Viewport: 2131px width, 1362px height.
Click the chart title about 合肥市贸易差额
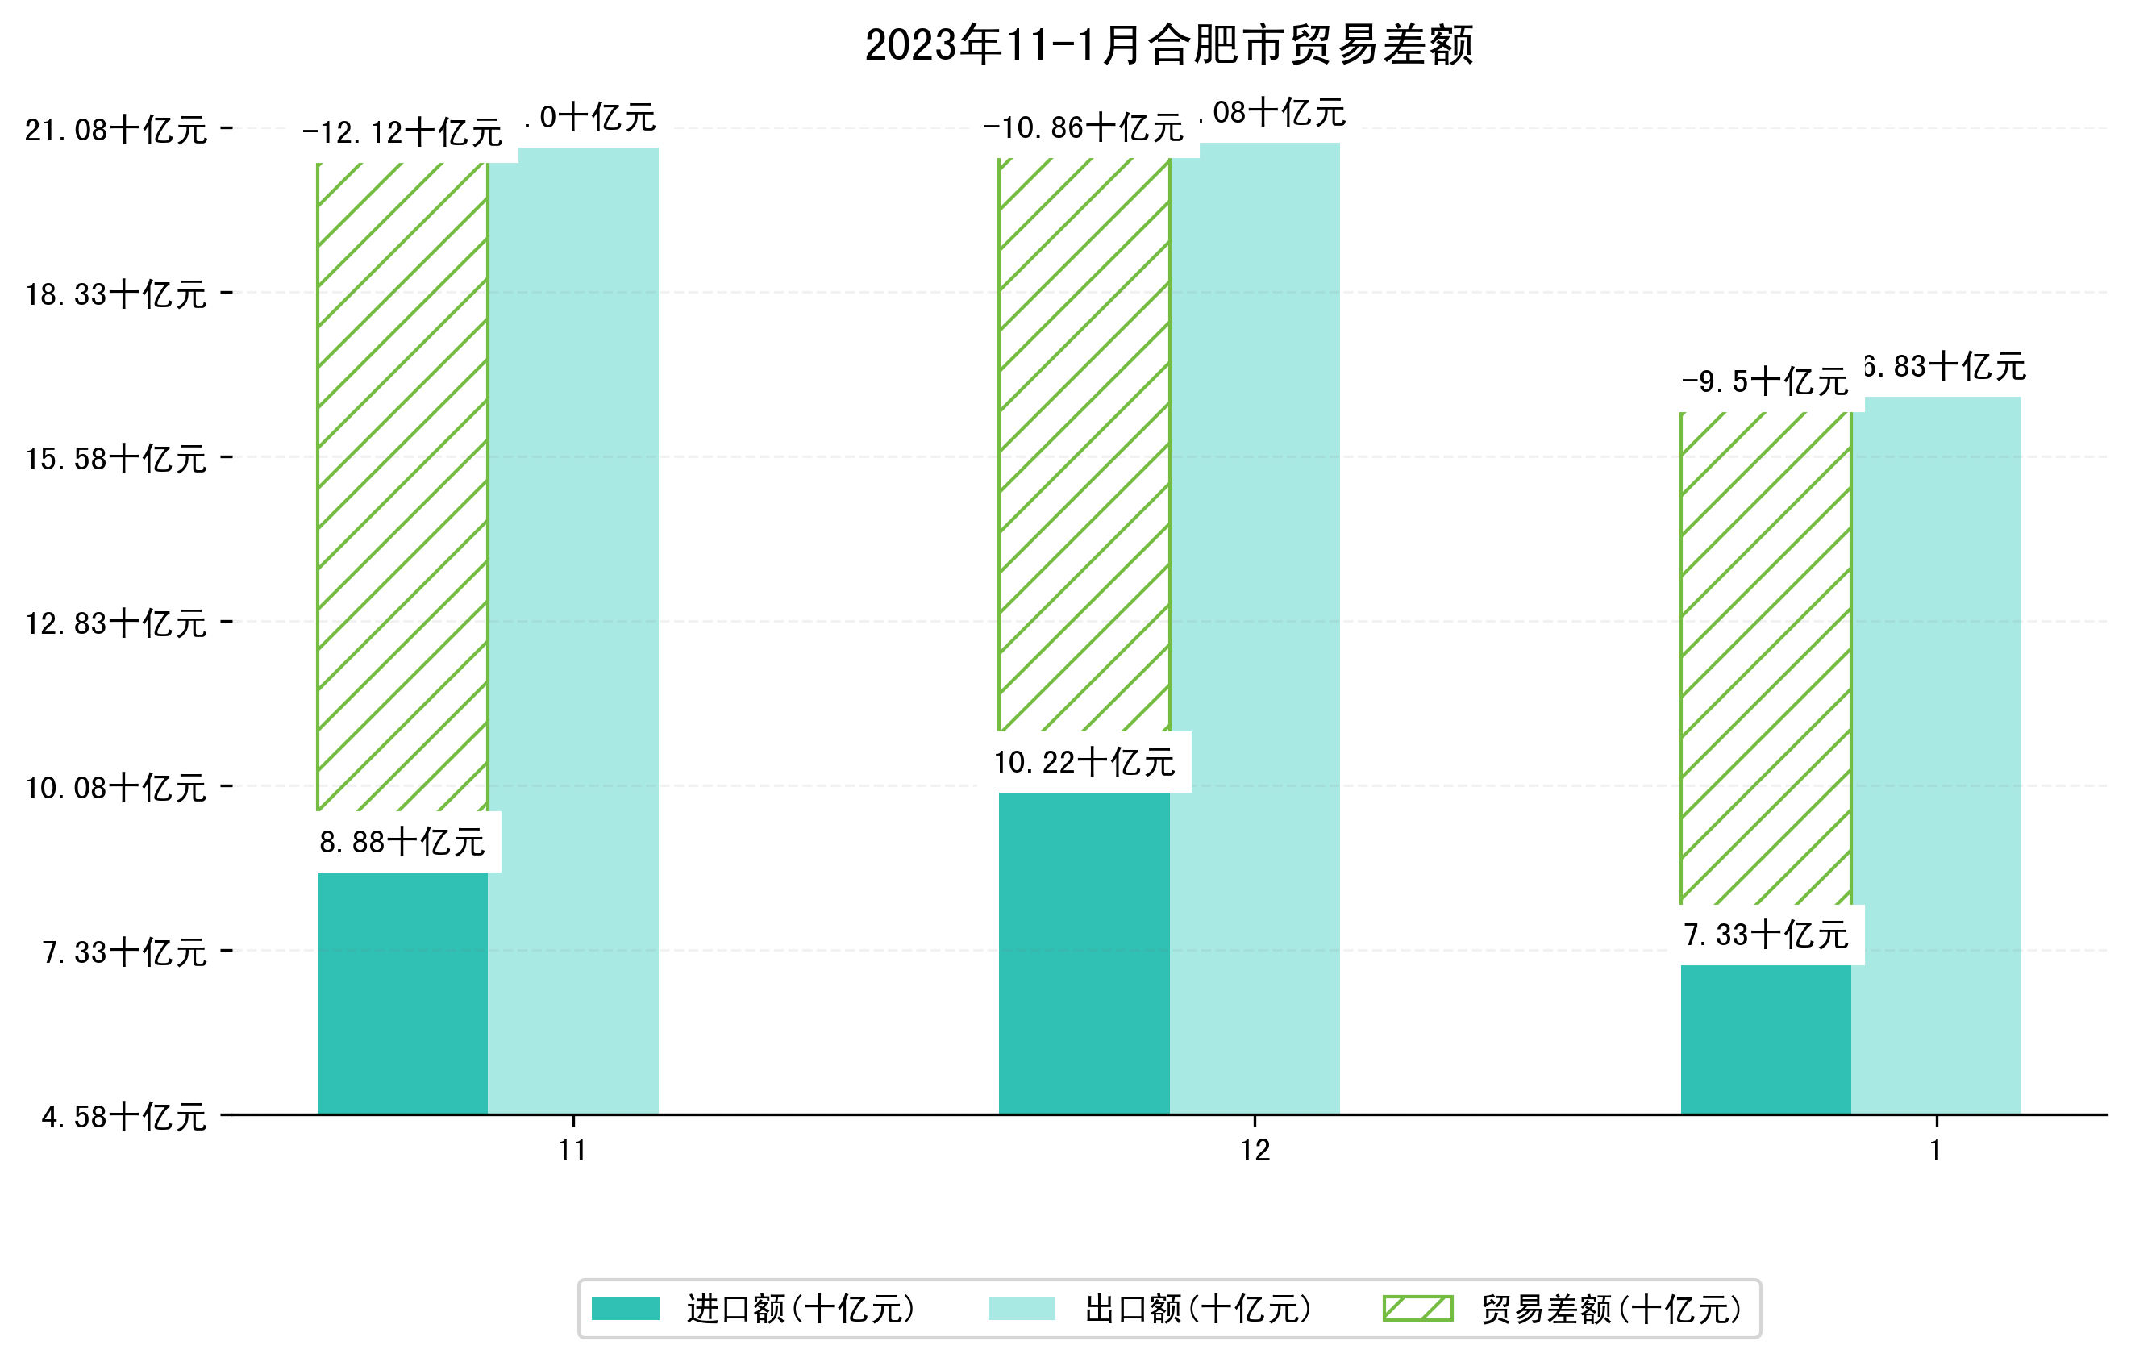[1168, 45]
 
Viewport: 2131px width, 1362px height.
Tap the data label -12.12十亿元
[402, 133]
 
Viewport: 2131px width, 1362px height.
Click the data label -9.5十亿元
[1765, 382]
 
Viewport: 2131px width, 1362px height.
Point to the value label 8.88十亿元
[402, 842]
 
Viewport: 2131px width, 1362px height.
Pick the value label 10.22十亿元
[1084, 762]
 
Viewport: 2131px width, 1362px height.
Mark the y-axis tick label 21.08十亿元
[116, 130]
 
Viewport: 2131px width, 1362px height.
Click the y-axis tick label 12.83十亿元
[116, 623]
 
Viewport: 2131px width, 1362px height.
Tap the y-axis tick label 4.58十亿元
[124, 1117]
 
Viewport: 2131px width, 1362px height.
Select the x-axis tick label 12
[1255, 1151]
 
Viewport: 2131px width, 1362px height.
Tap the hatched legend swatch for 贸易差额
[1417, 1308]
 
